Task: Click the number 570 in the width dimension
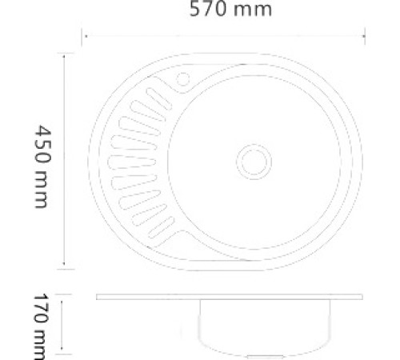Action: coord(206,10)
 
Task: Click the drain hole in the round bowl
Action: coord(253,160)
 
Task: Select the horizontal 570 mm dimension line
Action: coord(224,34)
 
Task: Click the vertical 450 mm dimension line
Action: coord(64,160)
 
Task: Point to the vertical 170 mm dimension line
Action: coord(64,324)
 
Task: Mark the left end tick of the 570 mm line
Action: coord(83,34)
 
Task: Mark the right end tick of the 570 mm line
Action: coord(365,34)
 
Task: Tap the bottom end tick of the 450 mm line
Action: coord(64,269)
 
